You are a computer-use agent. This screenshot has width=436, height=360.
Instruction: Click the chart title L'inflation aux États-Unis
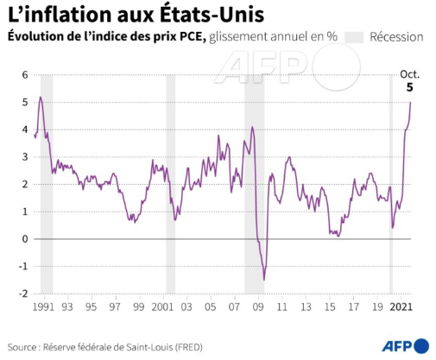click(136, 15)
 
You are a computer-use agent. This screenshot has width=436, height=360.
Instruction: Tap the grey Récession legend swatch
click(354, 37)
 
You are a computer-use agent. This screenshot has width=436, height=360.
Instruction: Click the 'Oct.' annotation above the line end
click(409, 74)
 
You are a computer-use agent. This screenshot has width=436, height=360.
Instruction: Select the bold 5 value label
click(410, 87)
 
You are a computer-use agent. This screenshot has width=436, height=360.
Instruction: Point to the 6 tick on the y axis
click(25, 75)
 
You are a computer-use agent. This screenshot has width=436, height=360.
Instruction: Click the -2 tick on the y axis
click(23, 294)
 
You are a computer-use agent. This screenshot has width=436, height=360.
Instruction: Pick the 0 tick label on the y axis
click(25, 239)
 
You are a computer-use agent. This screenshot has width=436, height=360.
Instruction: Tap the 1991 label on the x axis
click(43, 307)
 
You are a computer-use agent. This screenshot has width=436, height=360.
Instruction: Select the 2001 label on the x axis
click(163, 307)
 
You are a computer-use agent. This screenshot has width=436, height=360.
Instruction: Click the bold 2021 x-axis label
click(401, 307)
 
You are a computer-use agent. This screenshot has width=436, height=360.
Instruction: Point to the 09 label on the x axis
click(258, 307)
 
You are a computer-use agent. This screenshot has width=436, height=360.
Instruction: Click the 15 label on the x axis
click(330, 307)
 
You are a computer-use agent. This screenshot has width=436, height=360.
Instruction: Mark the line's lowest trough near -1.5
click(264, 280)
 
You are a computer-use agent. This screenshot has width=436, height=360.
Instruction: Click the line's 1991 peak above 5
click(41, 97)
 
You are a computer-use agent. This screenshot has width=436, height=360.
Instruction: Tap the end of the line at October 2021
click(410, 102)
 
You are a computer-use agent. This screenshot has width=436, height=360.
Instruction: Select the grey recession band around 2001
click(170, 184)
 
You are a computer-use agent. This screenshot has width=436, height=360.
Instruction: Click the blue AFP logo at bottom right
click(406, 345)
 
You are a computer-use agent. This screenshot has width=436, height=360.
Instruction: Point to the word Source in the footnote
click(22, 347)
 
